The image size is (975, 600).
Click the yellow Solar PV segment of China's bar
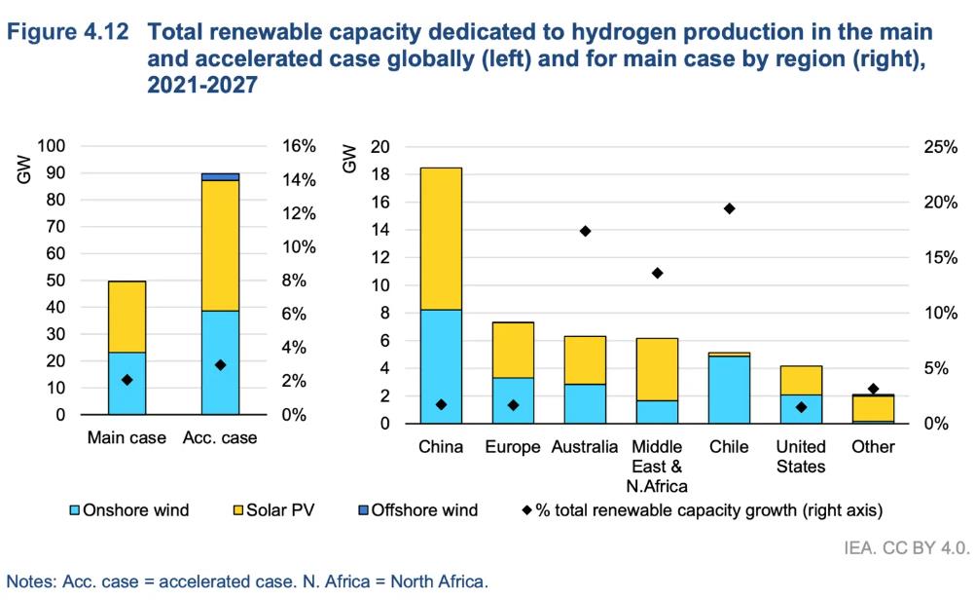click(x=440, y=239)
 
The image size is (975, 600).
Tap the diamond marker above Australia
click(x=586, y=231)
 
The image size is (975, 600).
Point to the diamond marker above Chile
click(x=729, y=208)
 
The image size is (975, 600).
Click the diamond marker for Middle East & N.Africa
click(x=657, y=273)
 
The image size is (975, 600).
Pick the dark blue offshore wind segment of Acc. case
click(x=220, y=176)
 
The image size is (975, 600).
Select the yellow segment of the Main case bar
click(x=126, y=317)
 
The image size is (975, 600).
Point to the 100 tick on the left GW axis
click(x=52, y=146)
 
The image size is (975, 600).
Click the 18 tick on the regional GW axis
click(x=381, y=175)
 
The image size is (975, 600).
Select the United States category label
click(x=801, y=456)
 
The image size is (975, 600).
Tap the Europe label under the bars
click(x=512, y=447)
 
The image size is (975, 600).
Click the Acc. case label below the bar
click(x=220, y=437)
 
